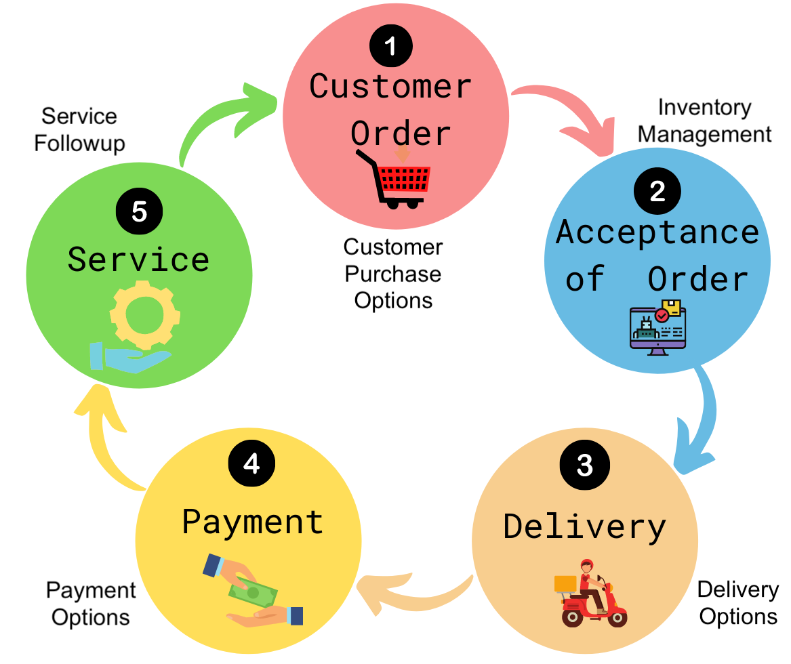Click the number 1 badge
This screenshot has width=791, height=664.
point(390,47)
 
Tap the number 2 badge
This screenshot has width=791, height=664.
point(657,192)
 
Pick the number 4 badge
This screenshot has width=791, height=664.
point(251,464)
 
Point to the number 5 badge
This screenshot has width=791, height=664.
point(139,211)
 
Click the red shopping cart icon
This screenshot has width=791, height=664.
point(397,178)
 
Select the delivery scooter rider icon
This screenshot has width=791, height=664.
point(586,594)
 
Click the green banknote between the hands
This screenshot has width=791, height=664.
point(253,592)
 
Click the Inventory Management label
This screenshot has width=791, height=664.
point(704,121)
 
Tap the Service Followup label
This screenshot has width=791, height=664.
point(79,129)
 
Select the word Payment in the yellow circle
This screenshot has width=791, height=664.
point(253,522)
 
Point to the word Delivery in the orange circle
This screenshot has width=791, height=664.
point(584,527)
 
